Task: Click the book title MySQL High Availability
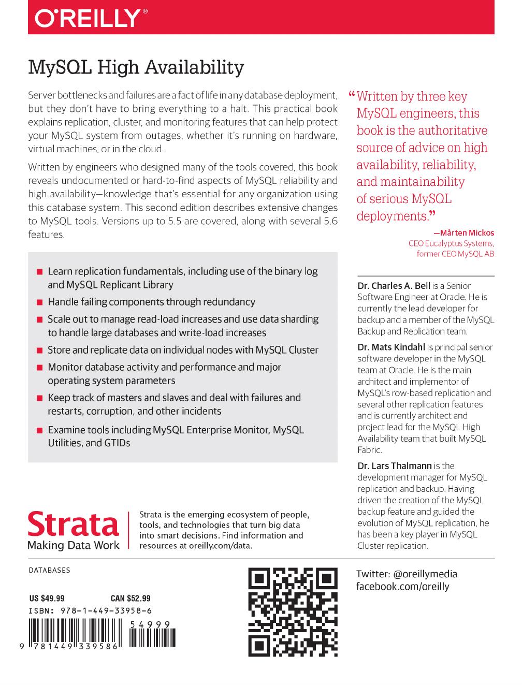click(136, 67)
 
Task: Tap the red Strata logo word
click(73, 524)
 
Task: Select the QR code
click(293, 612)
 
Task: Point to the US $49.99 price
click(47, 599)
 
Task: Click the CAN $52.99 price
click(130, 599)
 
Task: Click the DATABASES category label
click(49, 570)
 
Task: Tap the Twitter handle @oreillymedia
click(425, 574)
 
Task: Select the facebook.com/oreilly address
click(402, 586)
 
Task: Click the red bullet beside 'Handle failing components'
click(39, 302)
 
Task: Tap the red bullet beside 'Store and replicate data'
click(39, 351)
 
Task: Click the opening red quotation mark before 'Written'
click(352, 96)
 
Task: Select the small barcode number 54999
click(150, 625)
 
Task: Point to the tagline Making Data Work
click(73, 545)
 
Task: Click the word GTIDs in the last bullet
click(119, 443)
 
